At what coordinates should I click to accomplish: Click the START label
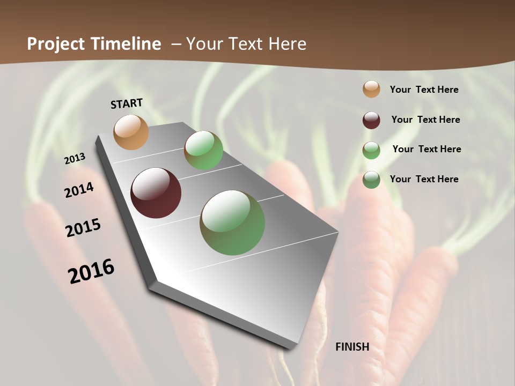click(x=127, y=103)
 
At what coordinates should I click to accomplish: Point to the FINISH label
click(x=352, y=347)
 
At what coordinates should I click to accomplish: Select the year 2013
click(x=75, y=159)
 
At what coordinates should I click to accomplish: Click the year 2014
click(x=79, y=190)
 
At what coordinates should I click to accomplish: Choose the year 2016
click(x=91, y=271)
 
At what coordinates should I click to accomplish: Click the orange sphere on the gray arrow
click(x=131, y=132)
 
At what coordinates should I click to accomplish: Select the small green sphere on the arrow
click(x=203, y=150)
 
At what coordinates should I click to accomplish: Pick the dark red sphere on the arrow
click(x=156, y=193)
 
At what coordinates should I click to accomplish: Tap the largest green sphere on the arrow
click(x=232, y=222)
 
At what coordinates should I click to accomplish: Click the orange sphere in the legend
click(x=371, y=90)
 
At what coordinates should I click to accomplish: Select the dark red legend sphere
click(x=371, y=120)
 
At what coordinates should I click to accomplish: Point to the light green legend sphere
click(x=371, y=150)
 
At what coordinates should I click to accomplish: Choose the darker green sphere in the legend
click(x=371, y=180)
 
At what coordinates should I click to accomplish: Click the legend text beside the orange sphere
click(x=424, y=90)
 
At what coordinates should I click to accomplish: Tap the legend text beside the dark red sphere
click(x=425, y=120)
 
